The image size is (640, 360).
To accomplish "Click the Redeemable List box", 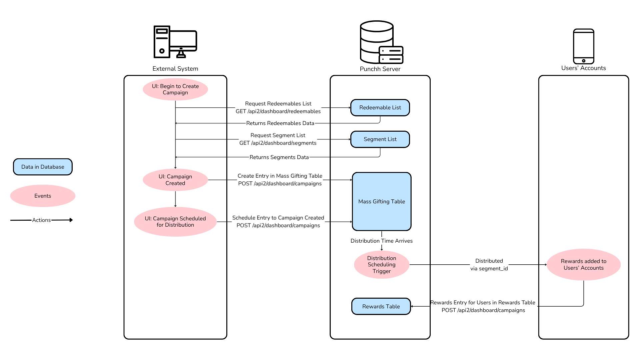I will click(380, 108).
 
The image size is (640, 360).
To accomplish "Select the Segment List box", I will click(380, 139).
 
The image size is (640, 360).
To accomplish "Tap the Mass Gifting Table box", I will click(382, 201).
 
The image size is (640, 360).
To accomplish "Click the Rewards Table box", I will click(381, 306).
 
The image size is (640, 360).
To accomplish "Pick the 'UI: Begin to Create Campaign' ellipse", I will click(175, 89).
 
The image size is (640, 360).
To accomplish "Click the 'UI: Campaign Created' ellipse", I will click(175, 180).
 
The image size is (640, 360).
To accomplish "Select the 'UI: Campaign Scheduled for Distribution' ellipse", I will click(175, 222).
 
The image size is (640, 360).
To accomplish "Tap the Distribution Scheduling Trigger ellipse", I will click(382, 265).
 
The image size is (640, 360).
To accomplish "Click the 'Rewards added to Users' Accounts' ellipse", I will click(583, 265).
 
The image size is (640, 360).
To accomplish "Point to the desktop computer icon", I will click(175, 42).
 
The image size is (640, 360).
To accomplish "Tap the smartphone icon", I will click(583, 46).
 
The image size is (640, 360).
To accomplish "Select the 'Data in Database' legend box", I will click(43, 167).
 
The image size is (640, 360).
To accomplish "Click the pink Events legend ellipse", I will click(43, 196).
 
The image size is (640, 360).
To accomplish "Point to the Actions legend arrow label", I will click(41, 220).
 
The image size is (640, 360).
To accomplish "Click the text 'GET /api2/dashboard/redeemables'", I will click(278, 111).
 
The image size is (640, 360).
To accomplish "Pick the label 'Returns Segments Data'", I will click(279, 157).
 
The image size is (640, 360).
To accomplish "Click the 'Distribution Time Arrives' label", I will click(381, 241).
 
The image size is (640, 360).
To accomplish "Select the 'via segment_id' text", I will click(489, 269).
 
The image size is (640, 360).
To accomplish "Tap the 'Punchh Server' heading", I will click(380, 69).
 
